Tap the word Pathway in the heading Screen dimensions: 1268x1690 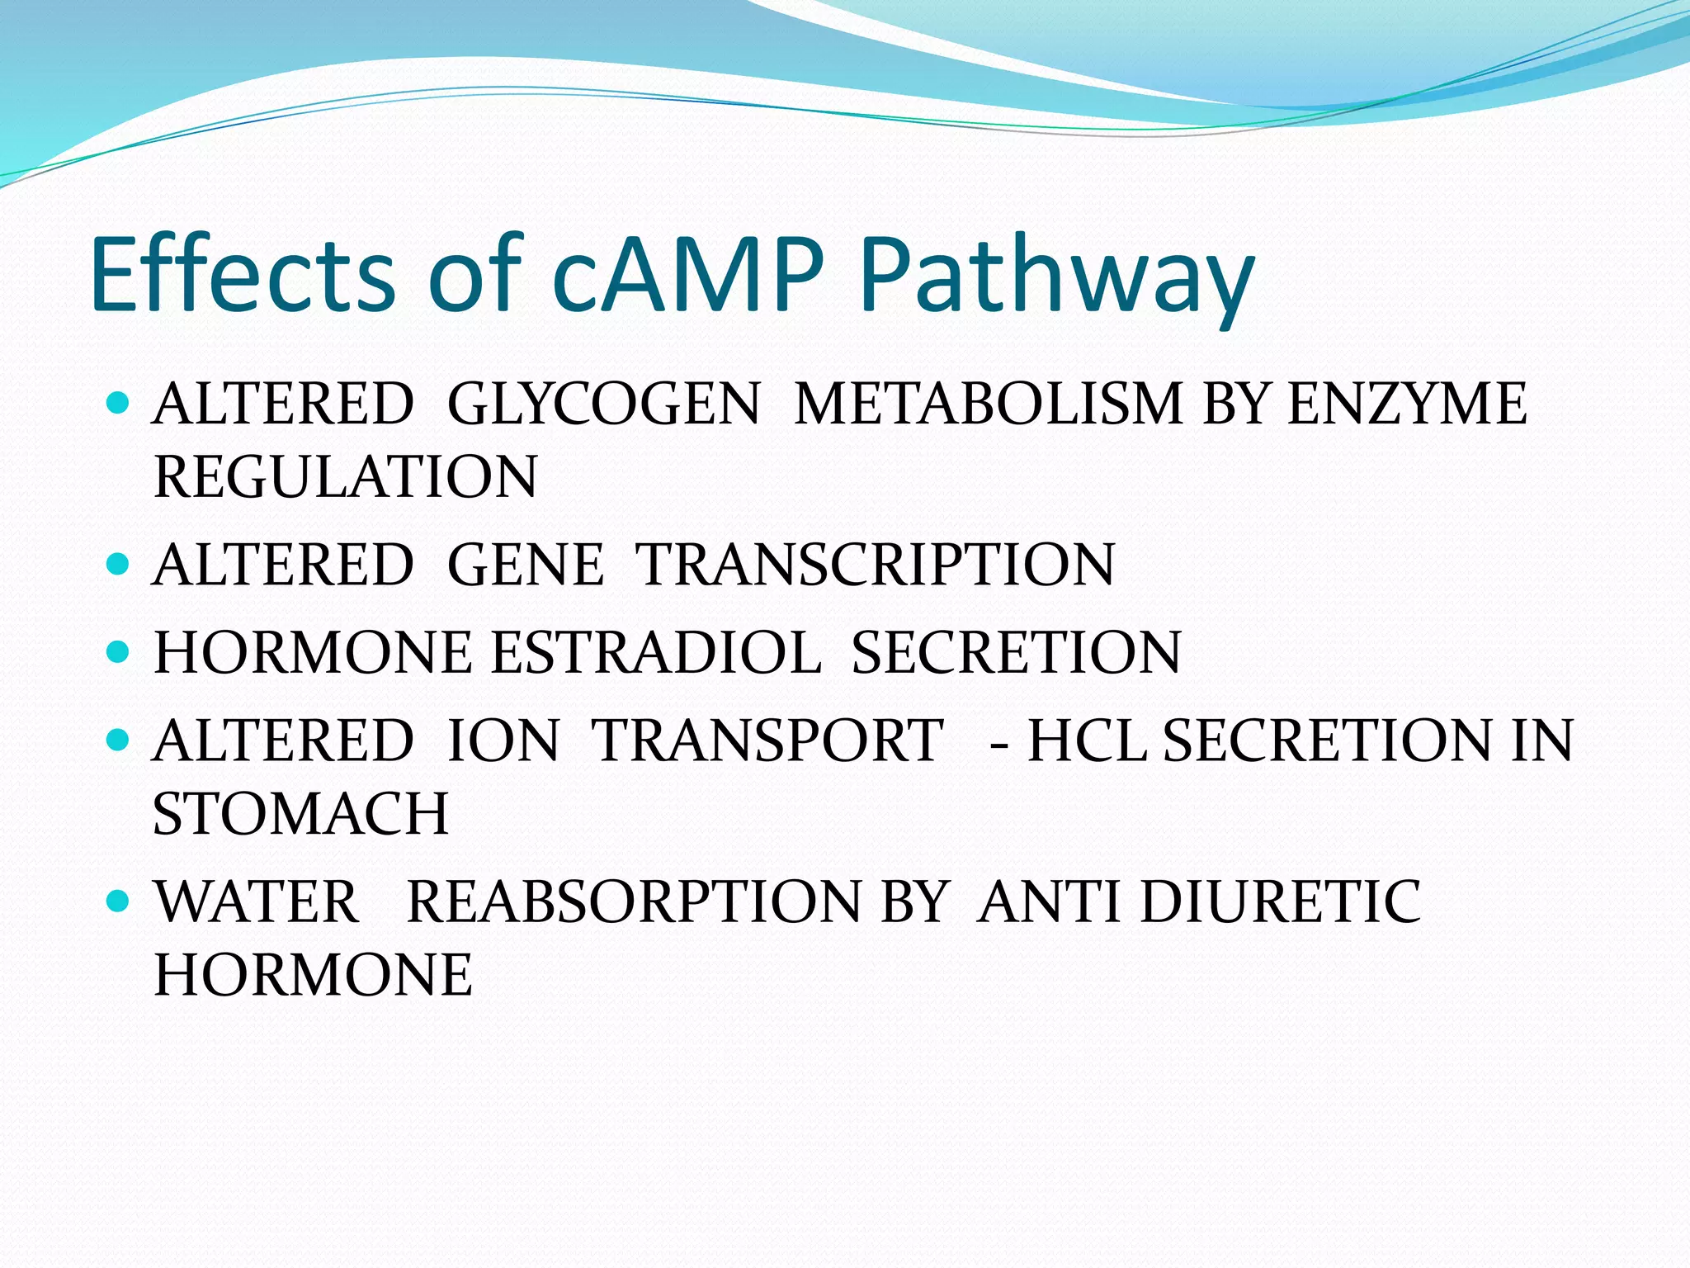click(x=1056, y=277)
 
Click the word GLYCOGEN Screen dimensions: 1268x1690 click(x=603, y=405)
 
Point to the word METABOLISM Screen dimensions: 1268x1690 click(x=989, y=405)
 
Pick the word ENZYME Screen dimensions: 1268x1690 click(x=1407, y=405)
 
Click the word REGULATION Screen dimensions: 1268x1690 click(x=346, y=477)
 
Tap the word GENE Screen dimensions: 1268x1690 click(x=526, y=565)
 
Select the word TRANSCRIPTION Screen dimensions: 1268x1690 click(x=876, y=565)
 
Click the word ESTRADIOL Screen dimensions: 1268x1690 click(x=656, y=653)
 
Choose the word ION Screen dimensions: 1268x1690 click(x=503, y=740)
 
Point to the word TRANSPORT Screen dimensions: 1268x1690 click(x=768, y=740)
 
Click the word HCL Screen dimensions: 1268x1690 click(x=1087, y=740)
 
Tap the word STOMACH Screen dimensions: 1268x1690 click(x=301, y=814)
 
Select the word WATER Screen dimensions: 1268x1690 click(x=257, y=901)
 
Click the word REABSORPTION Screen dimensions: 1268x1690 click(x=634, y=901)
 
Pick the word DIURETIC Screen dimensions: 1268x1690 click(x=1280, y=901)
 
